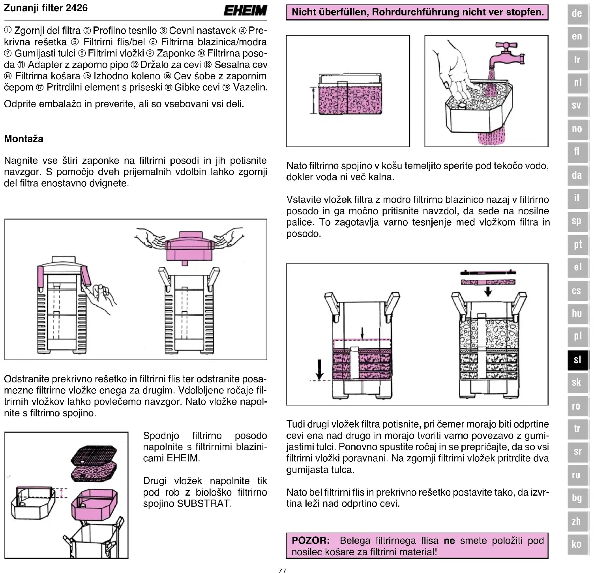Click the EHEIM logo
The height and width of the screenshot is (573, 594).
(245, 10)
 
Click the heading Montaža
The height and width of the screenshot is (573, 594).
(24, 139)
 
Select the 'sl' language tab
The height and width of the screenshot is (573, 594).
(577, 360)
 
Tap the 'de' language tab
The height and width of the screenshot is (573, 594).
(577, 13)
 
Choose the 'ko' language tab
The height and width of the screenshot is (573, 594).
(577, 544)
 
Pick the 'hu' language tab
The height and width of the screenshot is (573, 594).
(577, 314)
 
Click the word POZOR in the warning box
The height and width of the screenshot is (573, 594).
(311, 540)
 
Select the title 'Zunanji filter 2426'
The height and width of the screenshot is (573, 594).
(46, 8)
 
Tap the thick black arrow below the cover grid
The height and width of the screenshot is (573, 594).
(488, 291)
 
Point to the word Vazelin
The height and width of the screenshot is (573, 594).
(250, 87)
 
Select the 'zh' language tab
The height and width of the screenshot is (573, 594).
(577, 521)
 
